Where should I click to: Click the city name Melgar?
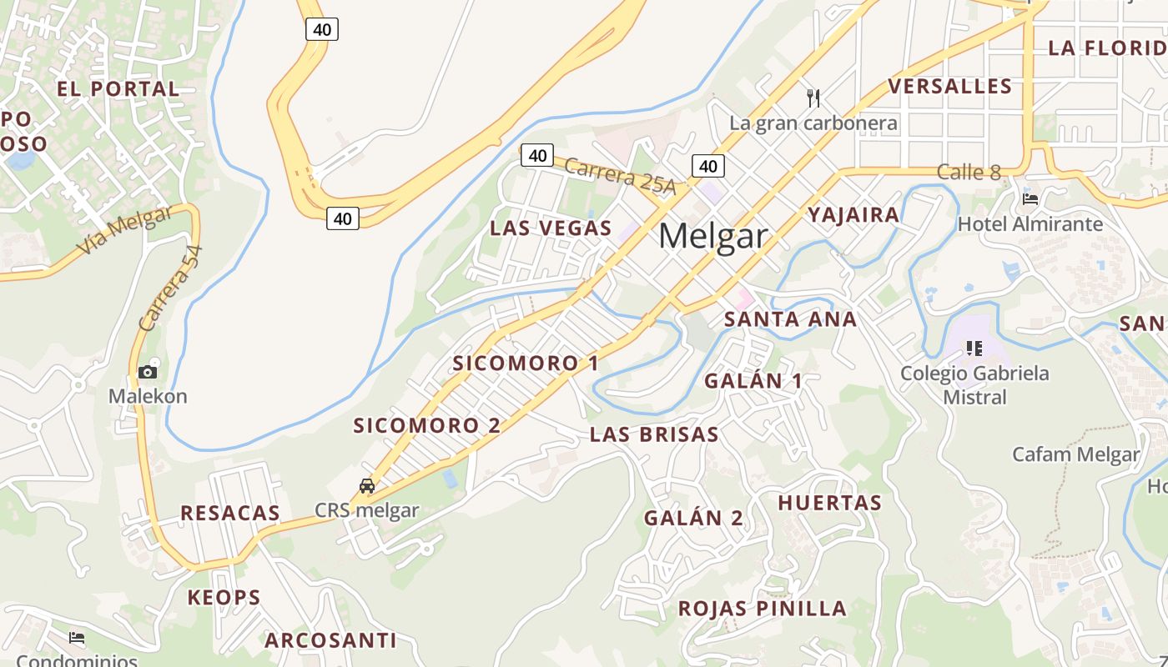pos(712,236)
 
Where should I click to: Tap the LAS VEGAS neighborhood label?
pos(551,228)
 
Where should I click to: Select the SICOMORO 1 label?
pos(526,363)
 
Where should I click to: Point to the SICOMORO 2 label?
pos(426,425)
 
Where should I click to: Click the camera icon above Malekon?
pos(148,372)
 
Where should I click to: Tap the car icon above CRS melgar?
pos(366,485)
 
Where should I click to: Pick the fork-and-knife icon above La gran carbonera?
pos(813,98)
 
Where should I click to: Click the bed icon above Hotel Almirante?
pos(1030,199)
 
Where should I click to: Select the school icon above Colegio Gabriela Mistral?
pos(974,348)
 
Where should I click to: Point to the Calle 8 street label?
pos(968,173)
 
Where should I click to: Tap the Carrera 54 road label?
pos(171,288)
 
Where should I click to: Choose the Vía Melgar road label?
pos(125,230)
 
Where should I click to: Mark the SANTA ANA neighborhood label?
pos(790,318)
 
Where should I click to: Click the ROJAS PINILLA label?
pos(762,608)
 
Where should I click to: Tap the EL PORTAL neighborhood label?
pos(118,88)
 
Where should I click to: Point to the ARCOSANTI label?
pos(330,640)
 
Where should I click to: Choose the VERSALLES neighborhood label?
pos(949,86)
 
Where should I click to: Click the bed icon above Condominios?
pos(77,639)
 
